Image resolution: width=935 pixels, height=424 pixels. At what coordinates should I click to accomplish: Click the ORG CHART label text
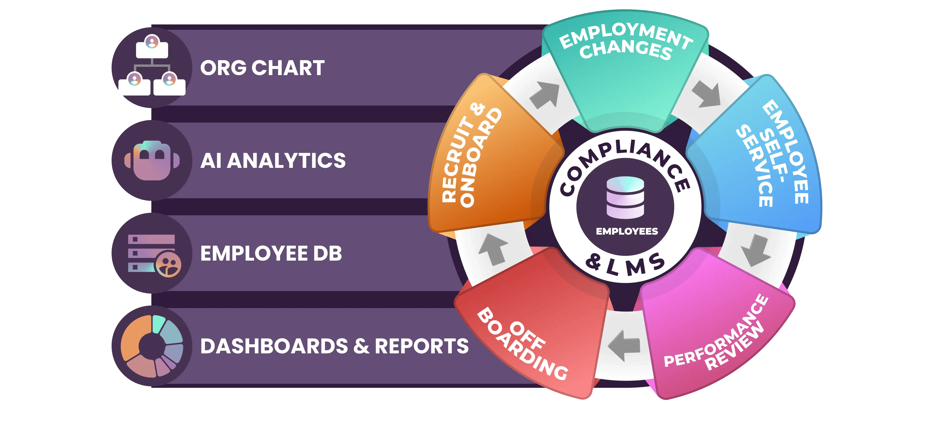pyautogui.click(x=262, y=68)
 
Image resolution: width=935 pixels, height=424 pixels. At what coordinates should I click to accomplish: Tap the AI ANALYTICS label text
pyautogui.click(x=273, y=161)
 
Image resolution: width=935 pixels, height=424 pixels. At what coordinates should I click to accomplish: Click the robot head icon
pyautogui.click(x=152, y=160)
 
